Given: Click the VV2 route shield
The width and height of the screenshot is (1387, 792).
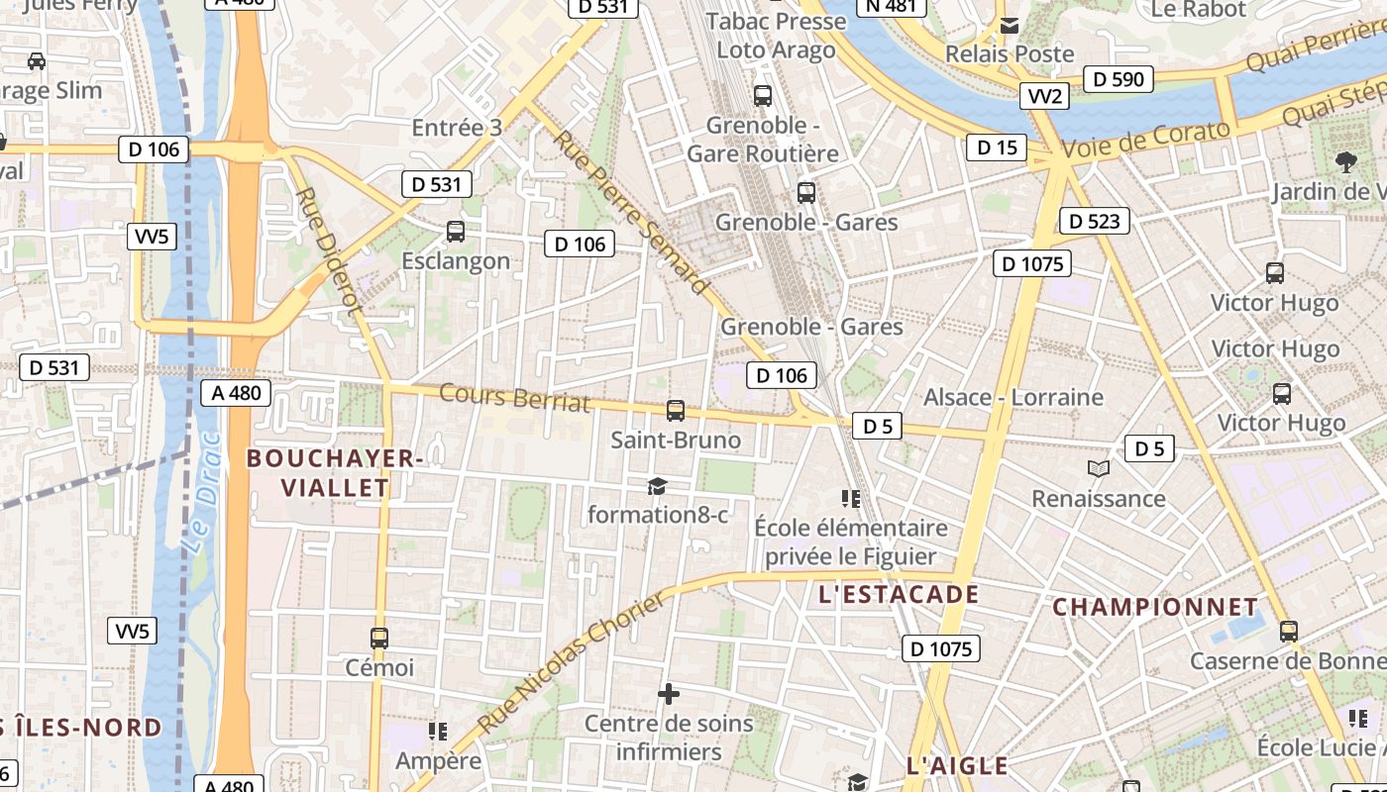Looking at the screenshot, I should (1045, 96).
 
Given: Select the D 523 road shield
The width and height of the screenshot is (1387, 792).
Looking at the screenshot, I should (1095, 221).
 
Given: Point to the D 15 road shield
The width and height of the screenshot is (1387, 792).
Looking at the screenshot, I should (997, 148).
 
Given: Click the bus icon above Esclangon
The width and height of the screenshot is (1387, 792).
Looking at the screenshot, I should (456, 232).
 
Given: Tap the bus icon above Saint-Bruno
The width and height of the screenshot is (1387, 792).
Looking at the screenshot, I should (676, 410).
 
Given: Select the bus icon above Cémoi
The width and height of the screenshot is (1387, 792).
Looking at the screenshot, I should (378, 639).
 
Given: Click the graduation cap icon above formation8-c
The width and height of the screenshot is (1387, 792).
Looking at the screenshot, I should (657, 486).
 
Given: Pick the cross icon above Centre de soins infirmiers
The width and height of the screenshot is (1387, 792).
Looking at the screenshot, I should (669, 694).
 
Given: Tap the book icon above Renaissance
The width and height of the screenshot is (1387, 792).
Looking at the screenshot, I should (1098, 468).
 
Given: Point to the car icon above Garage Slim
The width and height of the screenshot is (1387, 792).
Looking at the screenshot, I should (37, 61).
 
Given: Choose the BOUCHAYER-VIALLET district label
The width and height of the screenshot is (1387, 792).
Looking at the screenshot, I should (335, 472).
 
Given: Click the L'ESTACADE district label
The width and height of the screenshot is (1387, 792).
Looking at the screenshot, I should (899, 595).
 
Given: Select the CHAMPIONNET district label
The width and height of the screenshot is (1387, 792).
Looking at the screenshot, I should (1155, 607).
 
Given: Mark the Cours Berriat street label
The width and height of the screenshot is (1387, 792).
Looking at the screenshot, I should (514, 398).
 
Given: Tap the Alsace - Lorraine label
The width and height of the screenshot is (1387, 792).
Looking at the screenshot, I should (1013, 397).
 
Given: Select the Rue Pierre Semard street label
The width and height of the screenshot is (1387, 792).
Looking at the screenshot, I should (631, 212).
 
